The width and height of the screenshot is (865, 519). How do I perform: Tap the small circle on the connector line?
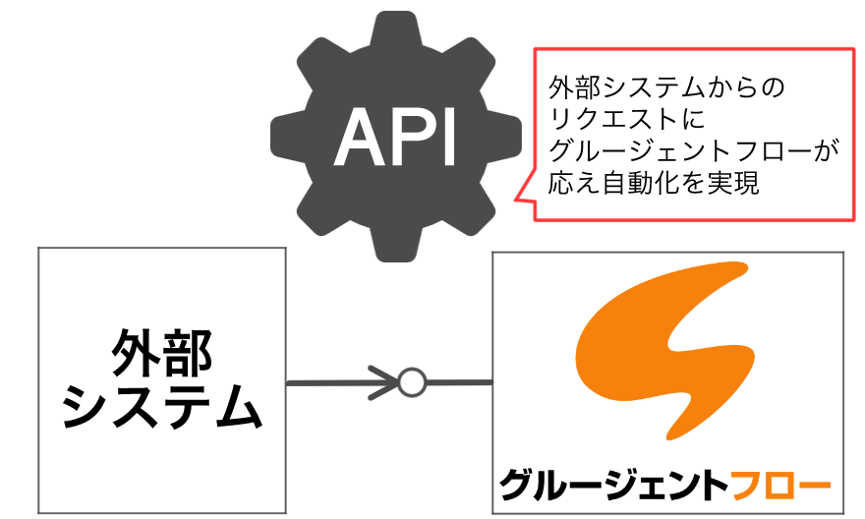click(412, 380)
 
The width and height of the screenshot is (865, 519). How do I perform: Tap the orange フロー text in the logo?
click(781, 485)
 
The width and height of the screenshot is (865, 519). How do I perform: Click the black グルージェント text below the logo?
click(614, 485)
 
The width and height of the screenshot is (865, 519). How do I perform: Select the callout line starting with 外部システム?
click(668, 89)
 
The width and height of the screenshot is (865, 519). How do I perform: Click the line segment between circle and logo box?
click(458, 380)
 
